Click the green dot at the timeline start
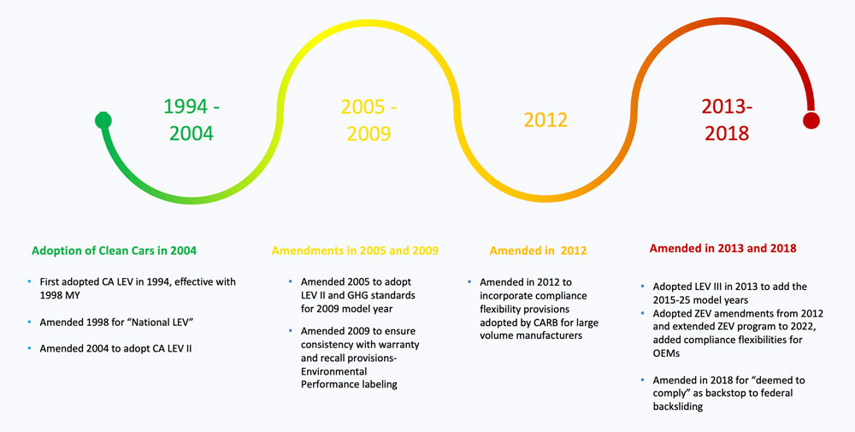coord(103,121)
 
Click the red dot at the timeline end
coord(811,121)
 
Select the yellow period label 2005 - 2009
coord(369,121)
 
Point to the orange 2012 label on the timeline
coord(545,121)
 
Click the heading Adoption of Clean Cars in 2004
coord(114,251)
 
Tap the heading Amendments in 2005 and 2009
coord(355,251)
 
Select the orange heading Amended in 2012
coord(538,251)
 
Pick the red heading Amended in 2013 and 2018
coord(723,248)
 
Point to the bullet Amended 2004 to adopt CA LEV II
coord(115,348)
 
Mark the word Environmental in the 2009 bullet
coord(333,372)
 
